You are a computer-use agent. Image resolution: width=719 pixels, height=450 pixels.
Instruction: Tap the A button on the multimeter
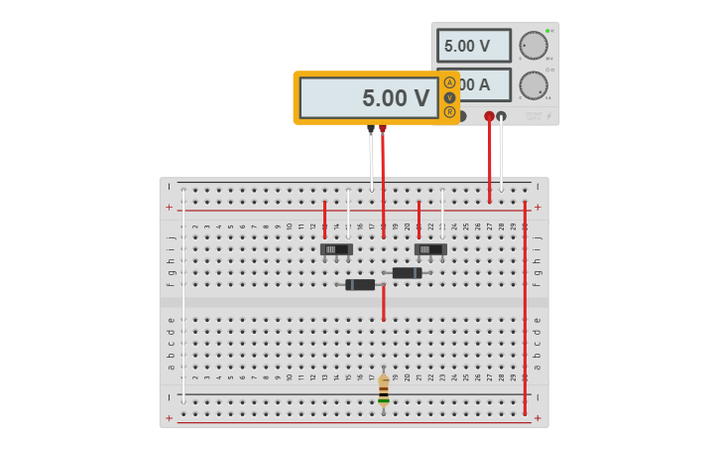coord(449,82)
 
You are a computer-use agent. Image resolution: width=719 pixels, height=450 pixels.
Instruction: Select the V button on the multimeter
coord(449,97)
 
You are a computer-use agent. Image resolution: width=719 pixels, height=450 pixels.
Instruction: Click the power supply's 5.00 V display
coord(473,46)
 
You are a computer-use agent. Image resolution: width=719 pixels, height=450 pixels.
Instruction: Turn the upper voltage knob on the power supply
coord(534,45)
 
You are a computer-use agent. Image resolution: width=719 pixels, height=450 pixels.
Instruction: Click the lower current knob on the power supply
coord(534,84)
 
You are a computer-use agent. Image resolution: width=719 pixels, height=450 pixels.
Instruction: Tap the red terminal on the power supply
coord(489,116)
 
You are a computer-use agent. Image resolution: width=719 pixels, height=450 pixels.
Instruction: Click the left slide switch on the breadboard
coord(336,249)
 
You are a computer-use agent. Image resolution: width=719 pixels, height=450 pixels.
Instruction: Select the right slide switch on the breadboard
coord(430,249)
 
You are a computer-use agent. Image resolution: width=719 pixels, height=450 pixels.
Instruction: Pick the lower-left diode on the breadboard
coord(360,285)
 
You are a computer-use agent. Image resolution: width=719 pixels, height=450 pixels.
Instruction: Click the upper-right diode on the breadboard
coord(407,273)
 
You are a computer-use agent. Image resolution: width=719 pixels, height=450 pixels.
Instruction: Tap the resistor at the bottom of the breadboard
coord(384,391)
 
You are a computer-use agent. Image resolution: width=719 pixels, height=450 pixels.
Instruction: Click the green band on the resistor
coord(384,394)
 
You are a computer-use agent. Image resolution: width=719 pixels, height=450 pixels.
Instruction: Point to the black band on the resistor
coord(384,400)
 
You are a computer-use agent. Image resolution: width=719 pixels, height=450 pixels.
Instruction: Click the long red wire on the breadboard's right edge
coord(525,308)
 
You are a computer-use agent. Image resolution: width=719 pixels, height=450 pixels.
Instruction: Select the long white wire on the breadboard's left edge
coord(183,298)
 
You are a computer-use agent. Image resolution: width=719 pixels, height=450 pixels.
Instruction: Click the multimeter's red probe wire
coord(384,179)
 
